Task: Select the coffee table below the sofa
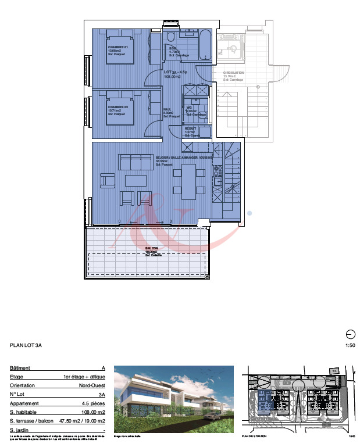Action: (136, 180)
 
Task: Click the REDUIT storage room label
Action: (190, 130)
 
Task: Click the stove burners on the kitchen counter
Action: (218, 172)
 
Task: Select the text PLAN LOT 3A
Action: (26, 345)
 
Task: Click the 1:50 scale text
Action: (350, 345)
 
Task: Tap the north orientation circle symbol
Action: (350, 334)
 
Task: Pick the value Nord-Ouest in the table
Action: (92, 385)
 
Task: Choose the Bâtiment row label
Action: (20, 368)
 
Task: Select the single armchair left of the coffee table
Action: (108, 181)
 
